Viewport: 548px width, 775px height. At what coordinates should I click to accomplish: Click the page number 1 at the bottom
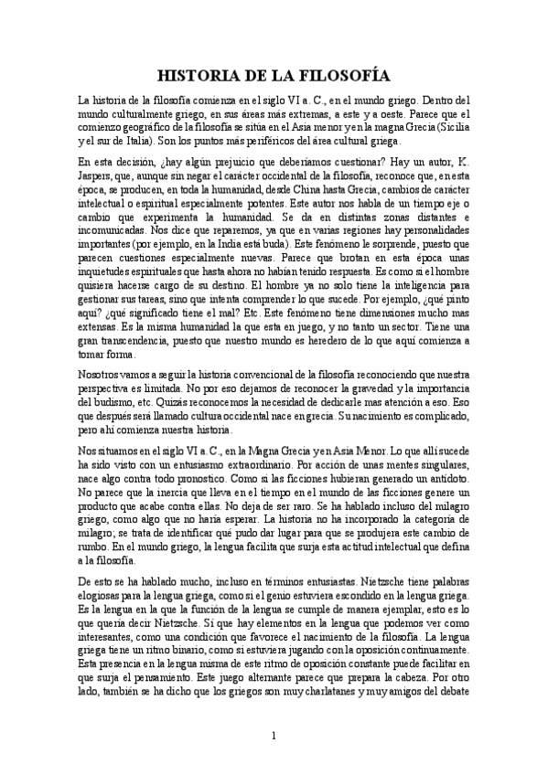point(274,736)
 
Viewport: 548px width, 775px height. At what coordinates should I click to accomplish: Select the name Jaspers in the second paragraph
point(100,176)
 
